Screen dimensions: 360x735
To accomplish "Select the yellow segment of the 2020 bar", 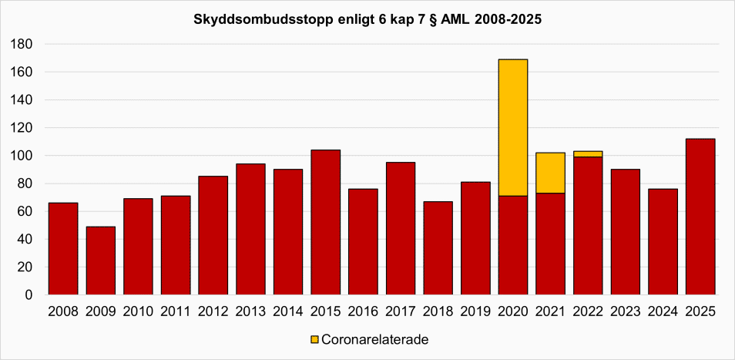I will (513, 127).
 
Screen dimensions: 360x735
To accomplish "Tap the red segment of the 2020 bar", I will (513, 245).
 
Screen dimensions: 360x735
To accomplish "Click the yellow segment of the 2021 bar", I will (550, 173).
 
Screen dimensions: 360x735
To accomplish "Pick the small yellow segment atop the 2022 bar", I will (588, 154).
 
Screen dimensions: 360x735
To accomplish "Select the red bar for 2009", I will (101, 261).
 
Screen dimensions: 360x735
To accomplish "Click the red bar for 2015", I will (326, 222).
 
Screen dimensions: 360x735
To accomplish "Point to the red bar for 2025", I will (700, 217).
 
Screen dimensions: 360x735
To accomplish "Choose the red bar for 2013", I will (251, 229).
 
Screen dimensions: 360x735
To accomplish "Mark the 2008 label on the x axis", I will (63, 311).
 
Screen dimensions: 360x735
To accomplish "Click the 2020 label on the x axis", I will (513, 311).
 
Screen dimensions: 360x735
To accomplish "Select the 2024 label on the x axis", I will (663, 311).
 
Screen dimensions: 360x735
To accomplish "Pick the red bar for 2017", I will (401, 228).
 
